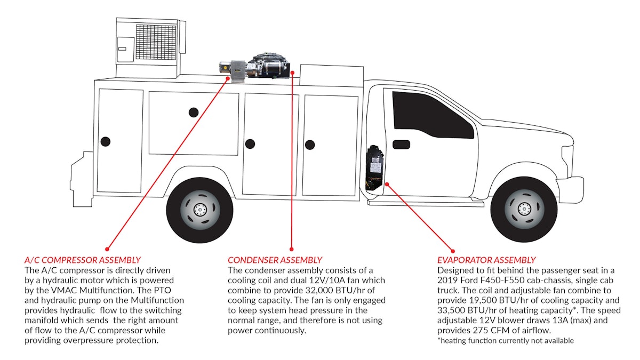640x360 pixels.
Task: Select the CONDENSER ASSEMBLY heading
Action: click(x=275, y=260)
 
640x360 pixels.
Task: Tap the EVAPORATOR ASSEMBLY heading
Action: click(x=486, y=260)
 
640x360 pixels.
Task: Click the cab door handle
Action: click(x=401, y=145)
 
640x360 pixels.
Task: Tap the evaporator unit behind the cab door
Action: click(x=375, y=167)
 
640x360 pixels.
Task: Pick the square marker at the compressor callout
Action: click(x=229, y=79)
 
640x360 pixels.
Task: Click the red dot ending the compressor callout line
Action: click(x=107, y=249)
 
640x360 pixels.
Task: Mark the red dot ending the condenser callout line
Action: click(x=292, y=249)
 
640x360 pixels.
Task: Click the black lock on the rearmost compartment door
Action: click(x=106, y=142)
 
